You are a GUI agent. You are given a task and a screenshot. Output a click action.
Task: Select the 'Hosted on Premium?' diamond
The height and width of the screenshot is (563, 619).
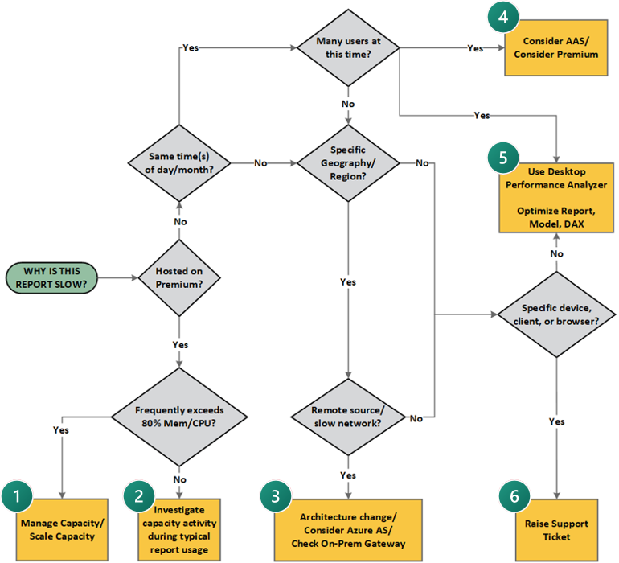coord(178,278)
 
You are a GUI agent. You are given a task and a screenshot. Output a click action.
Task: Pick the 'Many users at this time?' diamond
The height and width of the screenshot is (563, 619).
coord(347,47)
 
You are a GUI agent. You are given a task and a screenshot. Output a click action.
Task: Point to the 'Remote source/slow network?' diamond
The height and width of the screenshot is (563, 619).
coord(347,417)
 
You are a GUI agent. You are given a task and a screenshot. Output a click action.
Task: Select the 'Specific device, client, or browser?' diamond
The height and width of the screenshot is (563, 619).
coord(556,314)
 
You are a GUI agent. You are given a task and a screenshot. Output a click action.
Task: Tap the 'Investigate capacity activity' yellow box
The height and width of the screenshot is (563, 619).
coord(178,528)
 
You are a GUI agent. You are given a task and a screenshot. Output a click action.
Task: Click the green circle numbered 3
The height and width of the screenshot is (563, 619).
coord(277,497)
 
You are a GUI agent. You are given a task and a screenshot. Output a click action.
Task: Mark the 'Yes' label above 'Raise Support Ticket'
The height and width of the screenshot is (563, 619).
coord(556,421)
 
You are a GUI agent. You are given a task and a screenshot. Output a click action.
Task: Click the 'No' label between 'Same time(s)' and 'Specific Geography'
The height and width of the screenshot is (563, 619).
coord(260,163)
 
